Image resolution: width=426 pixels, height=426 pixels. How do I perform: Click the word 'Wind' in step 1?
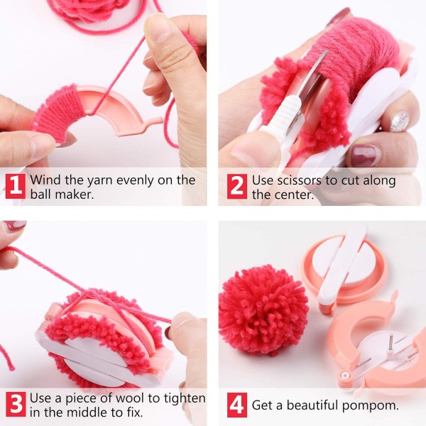(46, 180)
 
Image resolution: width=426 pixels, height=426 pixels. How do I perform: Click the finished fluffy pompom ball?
(262, 310)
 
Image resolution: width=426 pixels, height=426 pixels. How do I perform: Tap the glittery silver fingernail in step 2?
(400, 121)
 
